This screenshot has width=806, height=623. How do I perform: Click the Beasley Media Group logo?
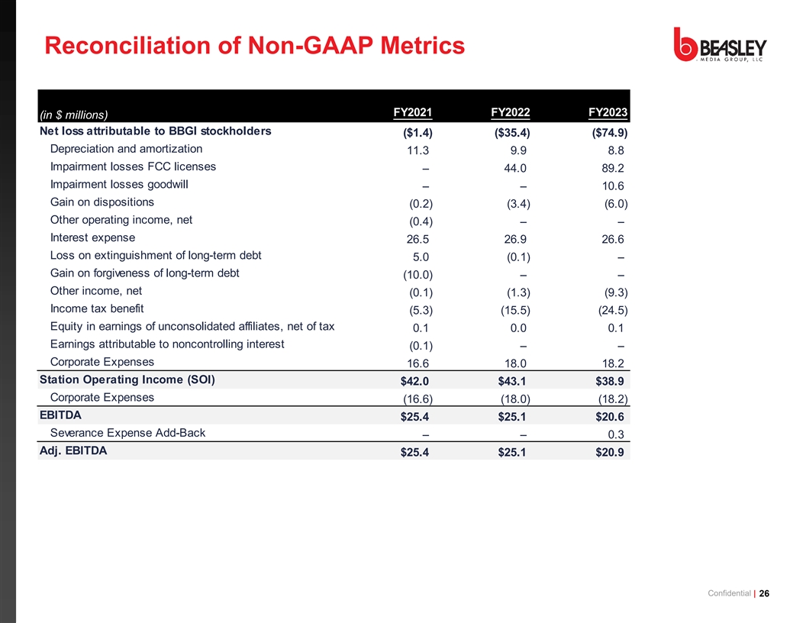point(720,47)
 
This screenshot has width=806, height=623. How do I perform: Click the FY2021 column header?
point(412,113)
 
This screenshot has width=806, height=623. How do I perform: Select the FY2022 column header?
point(510,113)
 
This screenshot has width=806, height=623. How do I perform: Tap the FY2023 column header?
point(608,113)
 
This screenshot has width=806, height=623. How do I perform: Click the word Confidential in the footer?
point(729,595)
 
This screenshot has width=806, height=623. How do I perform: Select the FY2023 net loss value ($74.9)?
point(608,134)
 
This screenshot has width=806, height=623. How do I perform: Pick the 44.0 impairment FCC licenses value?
point(513,169)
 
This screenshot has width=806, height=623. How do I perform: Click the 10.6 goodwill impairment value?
point(613,186)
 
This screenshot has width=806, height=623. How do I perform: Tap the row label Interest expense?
point(92,237)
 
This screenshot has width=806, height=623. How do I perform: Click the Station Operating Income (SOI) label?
point(127,379)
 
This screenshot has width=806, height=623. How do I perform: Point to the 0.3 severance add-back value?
point(617,435)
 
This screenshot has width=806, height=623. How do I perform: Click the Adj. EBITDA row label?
point(73,450)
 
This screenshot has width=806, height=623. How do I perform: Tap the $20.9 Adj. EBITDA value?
point(610,452)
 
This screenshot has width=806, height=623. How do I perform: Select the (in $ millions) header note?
point(73,115)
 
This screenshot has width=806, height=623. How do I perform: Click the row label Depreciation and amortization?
point(126,149)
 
